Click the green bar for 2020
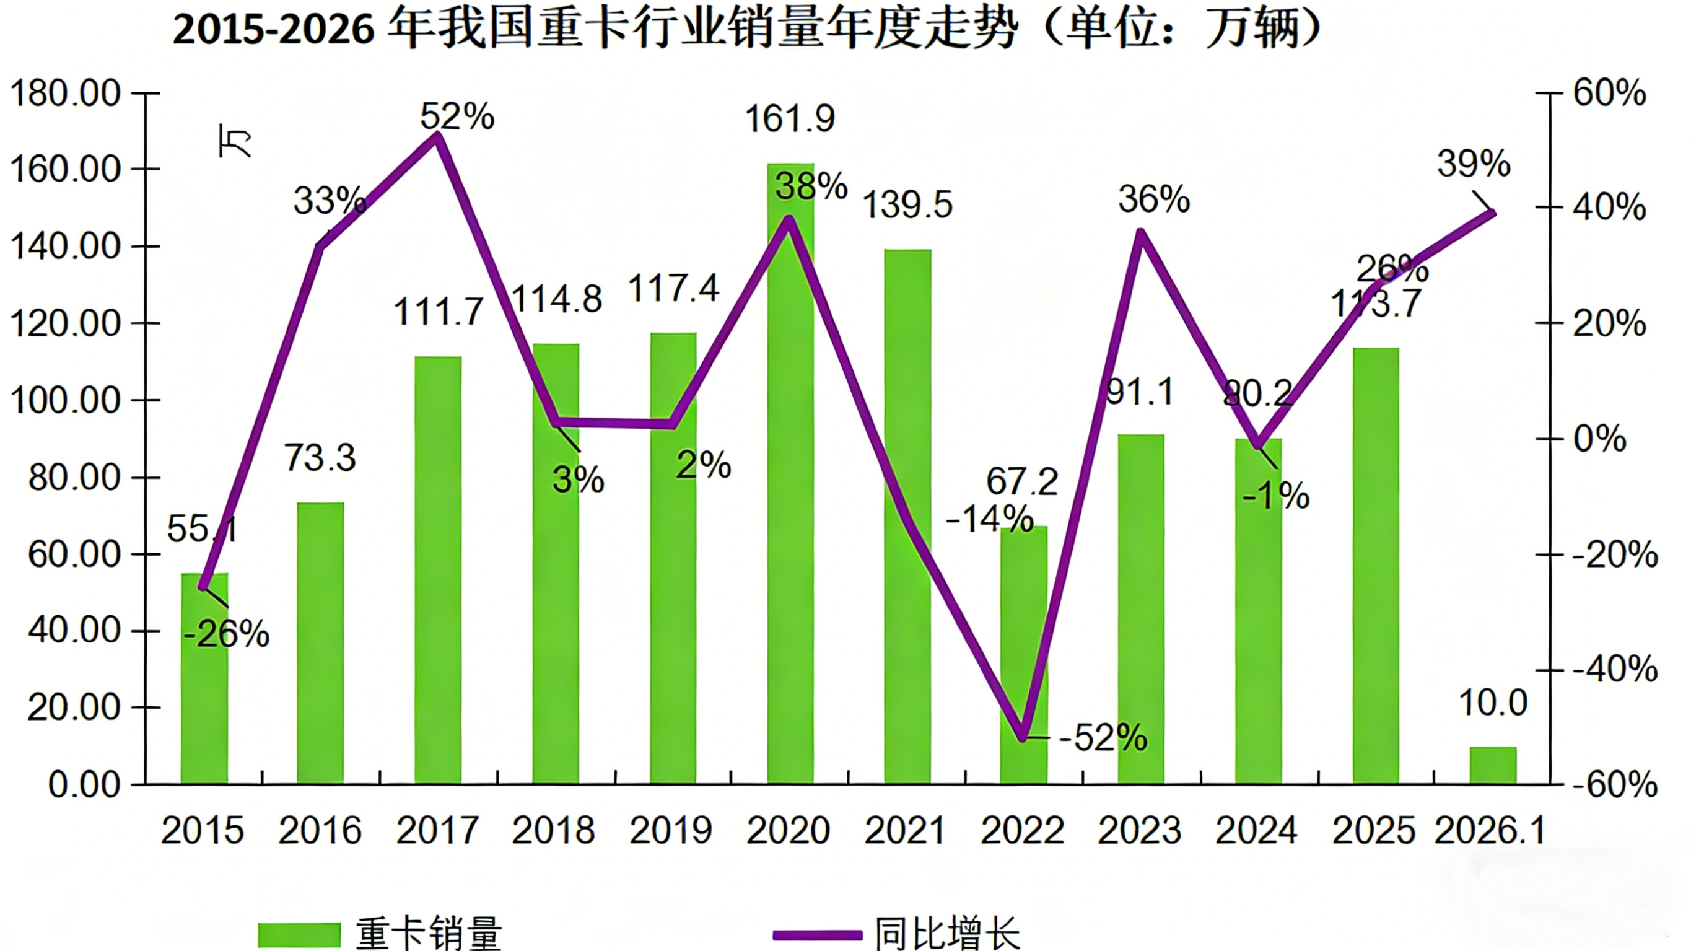coord(790,473)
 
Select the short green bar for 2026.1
coord(1493,766)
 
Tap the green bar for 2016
coord(320,644)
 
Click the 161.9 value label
coord(789,120)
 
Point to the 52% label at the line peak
coord(457,117)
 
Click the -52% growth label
coord(1103,737)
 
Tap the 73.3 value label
coord(320,458)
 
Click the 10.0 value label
coord(1493,703)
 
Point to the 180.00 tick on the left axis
coord(66,94)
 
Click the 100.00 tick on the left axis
coord(66,400)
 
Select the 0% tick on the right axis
coord(1600,438)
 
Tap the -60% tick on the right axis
coord(1614,784)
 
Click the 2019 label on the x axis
coord(671,830)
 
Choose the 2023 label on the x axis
coord(1140,830)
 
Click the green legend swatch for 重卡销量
coord(299,934)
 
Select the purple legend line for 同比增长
coord(816,934)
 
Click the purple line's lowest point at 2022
coord(1023,738)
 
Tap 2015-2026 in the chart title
coord(273,30)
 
